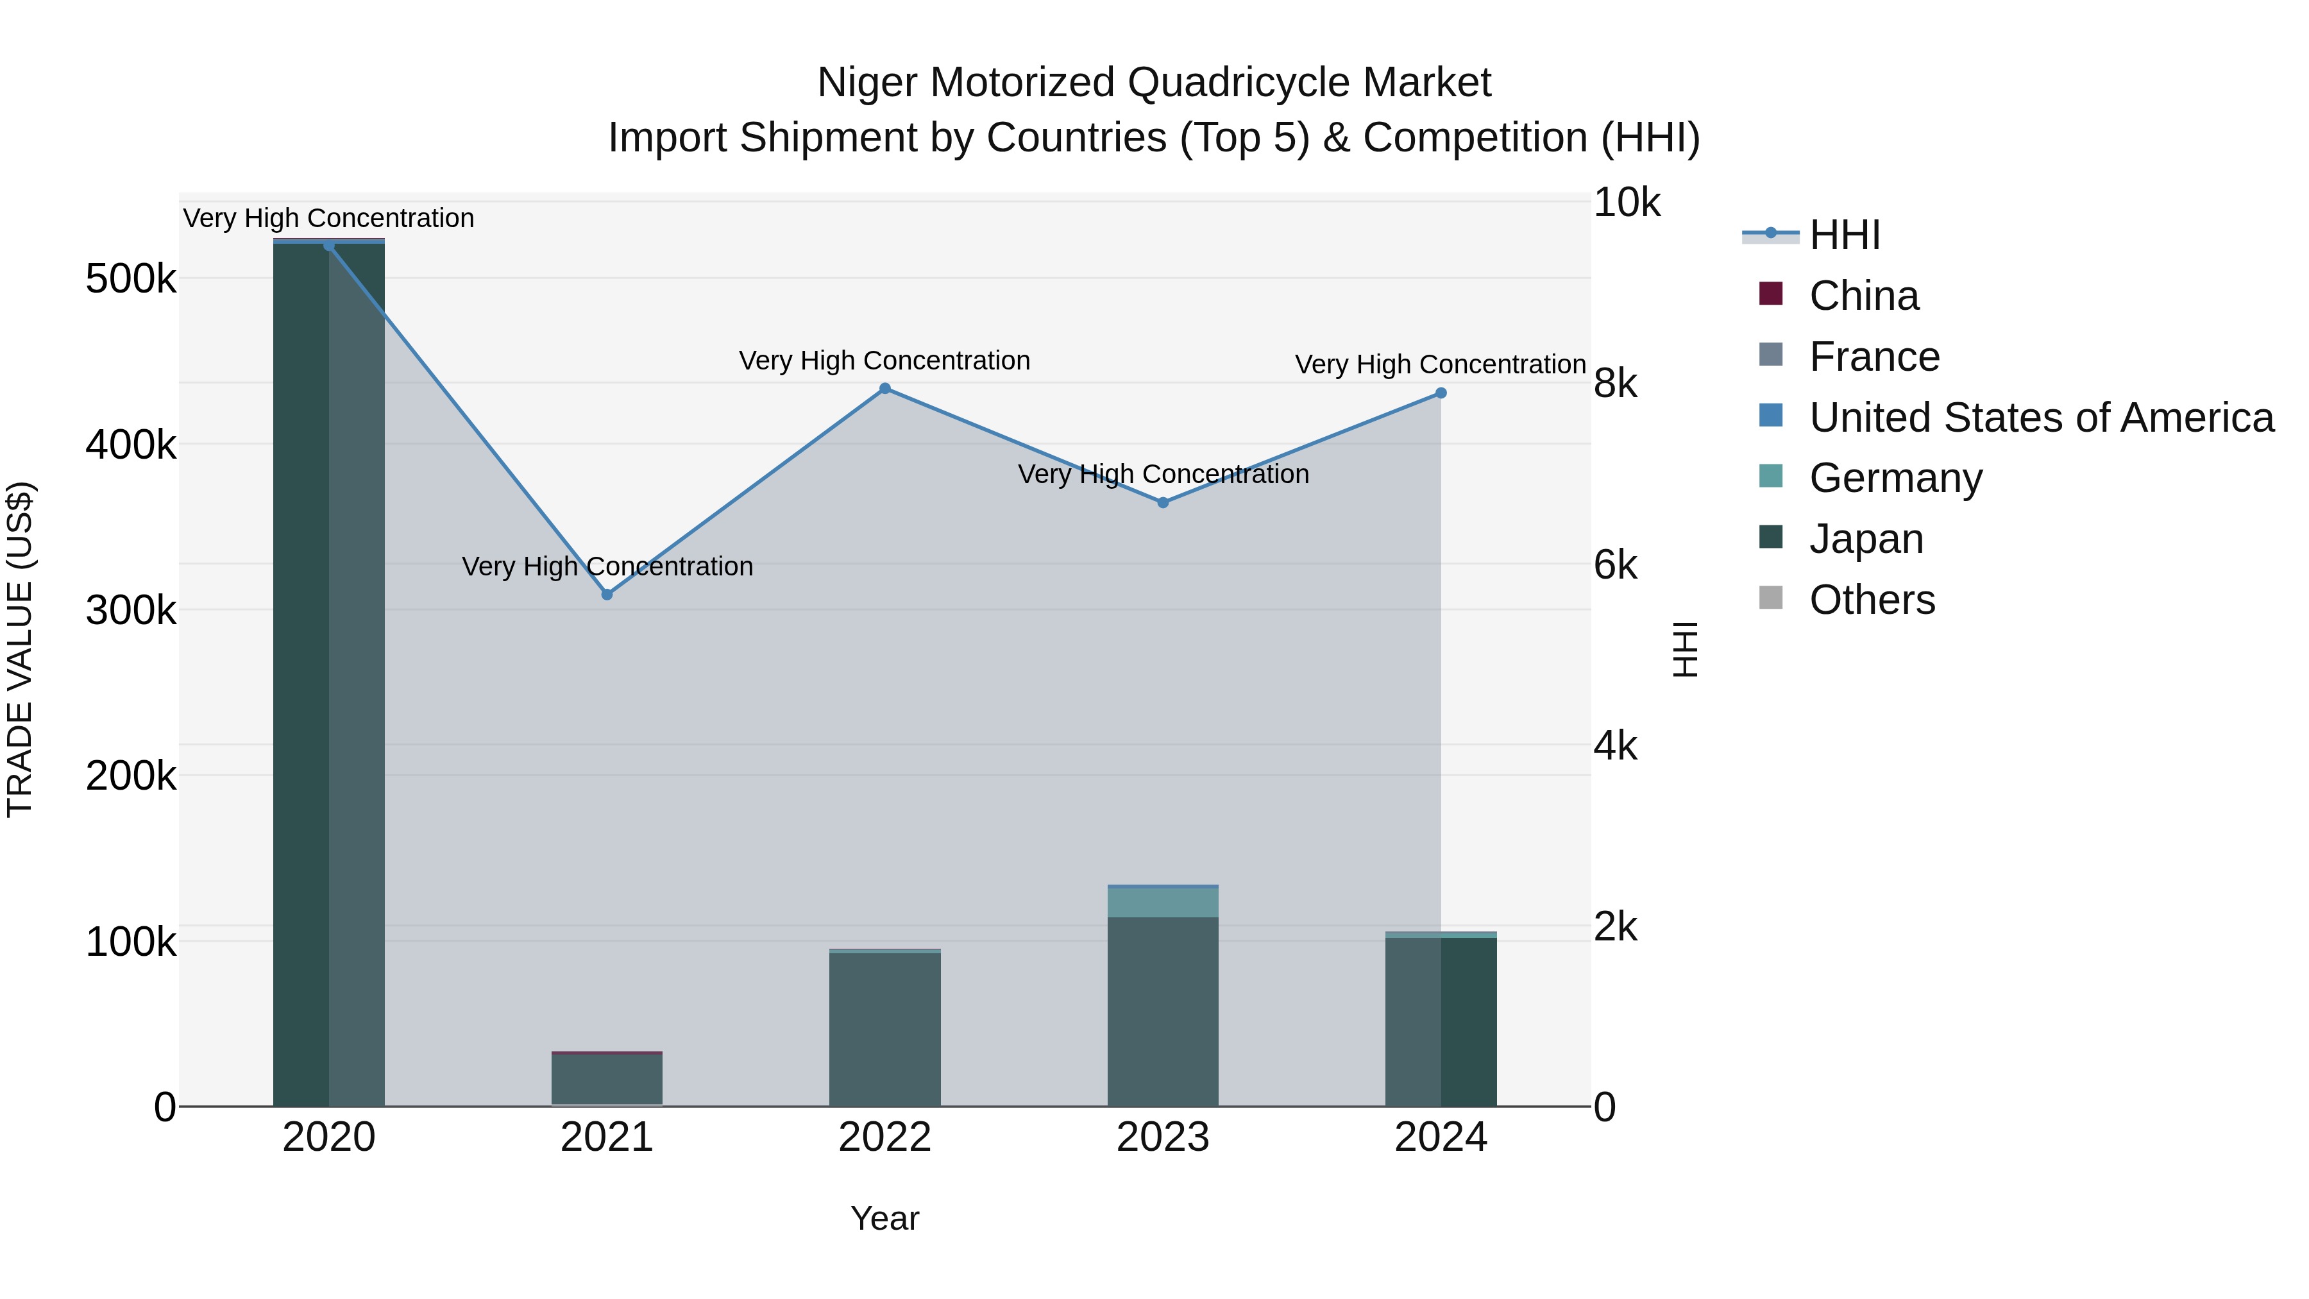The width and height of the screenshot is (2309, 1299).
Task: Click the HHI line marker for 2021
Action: pos(607,595)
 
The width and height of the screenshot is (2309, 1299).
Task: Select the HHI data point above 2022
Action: pos(884,388)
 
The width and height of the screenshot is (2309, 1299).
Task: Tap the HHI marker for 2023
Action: pos(1163,503)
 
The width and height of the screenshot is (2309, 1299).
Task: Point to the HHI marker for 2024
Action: pos(1441,393)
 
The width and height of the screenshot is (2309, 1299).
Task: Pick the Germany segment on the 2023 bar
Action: pos(1163,902)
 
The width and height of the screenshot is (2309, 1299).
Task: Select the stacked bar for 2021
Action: pos(607,1080)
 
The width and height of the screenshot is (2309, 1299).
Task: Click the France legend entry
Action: pos(1873,357)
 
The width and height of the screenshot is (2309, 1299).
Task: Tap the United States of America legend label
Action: pos(2040,418)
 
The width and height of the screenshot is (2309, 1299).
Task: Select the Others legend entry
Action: pos(1872,600)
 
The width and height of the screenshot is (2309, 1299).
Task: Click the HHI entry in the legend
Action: pos(1844,235)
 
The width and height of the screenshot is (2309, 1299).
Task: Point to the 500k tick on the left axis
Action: pos(131,279)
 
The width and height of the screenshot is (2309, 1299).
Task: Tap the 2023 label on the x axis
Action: pos(1163,1137)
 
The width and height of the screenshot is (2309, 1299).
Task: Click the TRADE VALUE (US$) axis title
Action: pos(21,649)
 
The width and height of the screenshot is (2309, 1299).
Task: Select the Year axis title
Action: pos(884,1218)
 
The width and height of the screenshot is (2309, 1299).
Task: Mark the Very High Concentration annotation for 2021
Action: pos(607,566)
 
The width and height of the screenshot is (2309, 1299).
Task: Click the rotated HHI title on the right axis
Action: pos(1685,649)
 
